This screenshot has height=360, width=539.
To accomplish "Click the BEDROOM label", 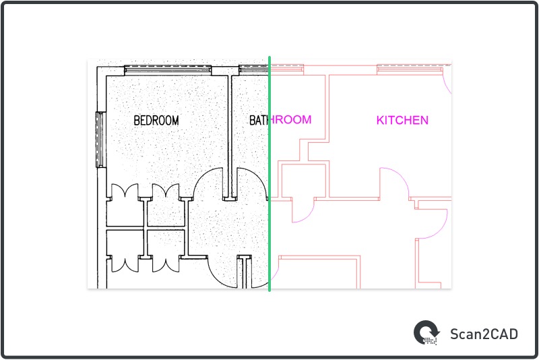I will (x=156, y=121).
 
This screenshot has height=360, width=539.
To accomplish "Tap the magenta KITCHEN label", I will (x=402, y=121).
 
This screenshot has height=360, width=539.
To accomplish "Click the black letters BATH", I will (x=259, y=121).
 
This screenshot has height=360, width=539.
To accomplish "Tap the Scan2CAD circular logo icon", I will (x=426, y=332).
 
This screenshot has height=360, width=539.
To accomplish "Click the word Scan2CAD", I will (x=484, y=333).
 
